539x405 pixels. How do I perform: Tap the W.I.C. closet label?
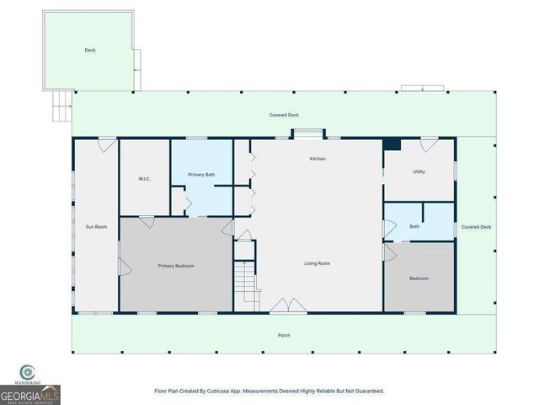(144, 179)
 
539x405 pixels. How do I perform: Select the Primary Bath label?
(201, 175)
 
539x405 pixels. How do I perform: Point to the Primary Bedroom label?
(176, 266)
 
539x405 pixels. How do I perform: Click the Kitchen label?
(318, 159)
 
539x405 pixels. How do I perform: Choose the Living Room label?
(317, 263)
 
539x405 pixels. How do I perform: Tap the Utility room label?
(419, 171)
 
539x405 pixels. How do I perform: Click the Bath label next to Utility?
(414, 226)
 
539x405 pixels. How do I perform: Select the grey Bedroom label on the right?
(419, 278)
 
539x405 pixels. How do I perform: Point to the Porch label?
(285, 335)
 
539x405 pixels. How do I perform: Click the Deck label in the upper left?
(90, 51)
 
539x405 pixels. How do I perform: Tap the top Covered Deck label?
(284, 115)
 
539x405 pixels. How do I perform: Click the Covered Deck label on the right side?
(477, 227)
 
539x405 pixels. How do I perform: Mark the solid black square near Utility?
(392, 144)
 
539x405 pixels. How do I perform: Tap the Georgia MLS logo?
(29, 389)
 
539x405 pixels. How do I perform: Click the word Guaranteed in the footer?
(366, 391)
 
